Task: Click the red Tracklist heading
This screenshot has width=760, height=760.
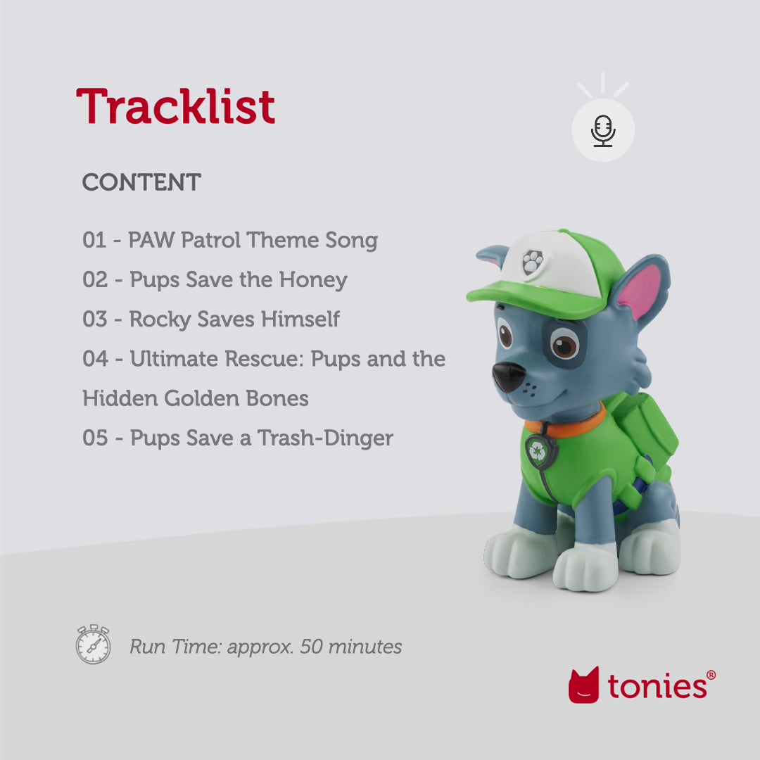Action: pos(175,107)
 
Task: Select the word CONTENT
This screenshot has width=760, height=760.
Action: pos(141,183)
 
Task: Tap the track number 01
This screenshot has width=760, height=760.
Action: pos(94,241)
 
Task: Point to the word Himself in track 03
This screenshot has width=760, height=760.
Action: pos(300,319)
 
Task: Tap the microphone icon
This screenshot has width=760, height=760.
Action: pos(603,131)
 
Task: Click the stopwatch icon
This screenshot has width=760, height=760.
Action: pos(94,644)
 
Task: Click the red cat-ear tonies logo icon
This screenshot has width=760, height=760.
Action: pos(584,685)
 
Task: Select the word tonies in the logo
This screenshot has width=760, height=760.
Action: pos(656,685)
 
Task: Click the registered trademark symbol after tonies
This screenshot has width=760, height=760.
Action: pos(711,675)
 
